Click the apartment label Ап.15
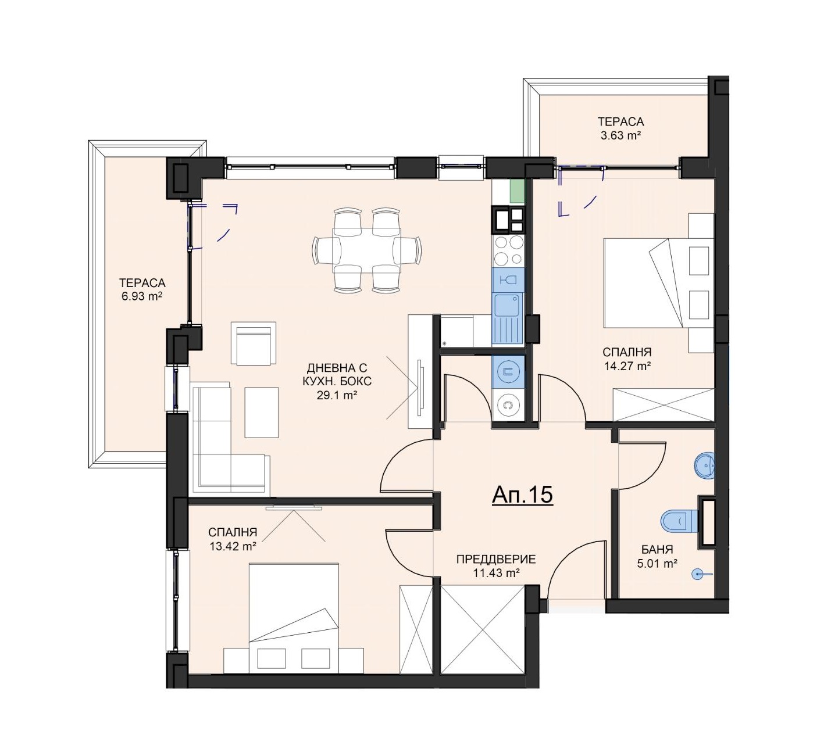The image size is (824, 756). (x=522, y=495)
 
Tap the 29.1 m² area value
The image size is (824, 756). (x=337, y=396)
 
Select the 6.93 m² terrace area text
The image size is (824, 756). (x=142, y=296)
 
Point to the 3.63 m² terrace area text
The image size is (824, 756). (x=620, y=135)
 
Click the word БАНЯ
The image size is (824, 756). (x=657, y=550)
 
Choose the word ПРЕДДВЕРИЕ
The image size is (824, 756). (x=496, y=559)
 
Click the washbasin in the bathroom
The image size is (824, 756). (x=704, y=465)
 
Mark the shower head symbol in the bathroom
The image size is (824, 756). (x=699, y=574)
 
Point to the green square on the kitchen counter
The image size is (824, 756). (x=517, y=191)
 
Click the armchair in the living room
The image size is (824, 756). (x=254, y=343)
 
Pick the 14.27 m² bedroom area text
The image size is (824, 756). (x=627, y=366)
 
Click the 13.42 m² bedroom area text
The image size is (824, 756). (x=233, y=546)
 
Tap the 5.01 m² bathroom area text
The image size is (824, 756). (x=657, y=564)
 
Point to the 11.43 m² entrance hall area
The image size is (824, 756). (x=496, y=573)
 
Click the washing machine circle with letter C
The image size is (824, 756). (x=508, y=405)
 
